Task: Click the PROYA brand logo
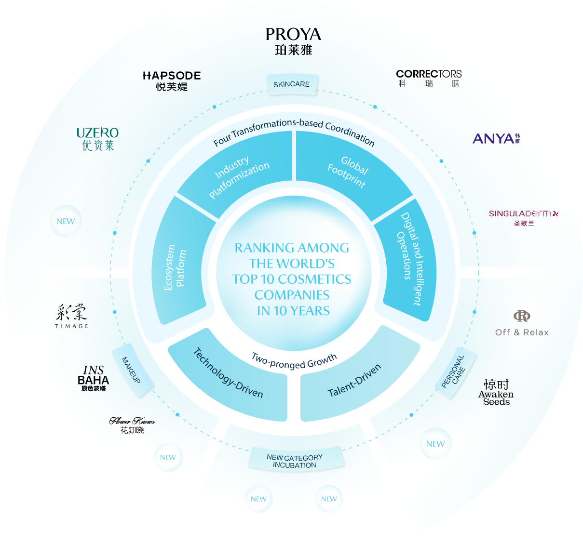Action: pos(293,41)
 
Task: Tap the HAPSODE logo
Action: pos(172,81)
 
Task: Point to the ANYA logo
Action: pos(496,138)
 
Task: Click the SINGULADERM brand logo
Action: pos(523,218)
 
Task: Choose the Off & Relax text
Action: pos(522,332)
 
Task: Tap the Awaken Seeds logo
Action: pos(496,392)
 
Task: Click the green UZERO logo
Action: pos(97,139)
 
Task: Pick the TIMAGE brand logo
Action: pos(71,316)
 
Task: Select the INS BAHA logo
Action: pos(93,378)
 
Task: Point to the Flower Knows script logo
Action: pos(132,425)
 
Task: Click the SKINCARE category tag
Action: pos(291,84)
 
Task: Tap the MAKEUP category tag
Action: pos(133,370)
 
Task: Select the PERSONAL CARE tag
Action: pos(455,372)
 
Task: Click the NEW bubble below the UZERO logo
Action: pos(66,221)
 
